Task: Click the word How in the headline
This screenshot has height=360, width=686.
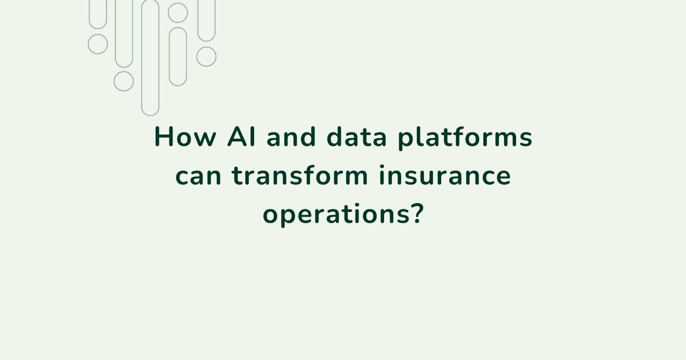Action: (x=185, y=138)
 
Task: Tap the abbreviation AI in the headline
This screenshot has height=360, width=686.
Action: (x=242, y=138)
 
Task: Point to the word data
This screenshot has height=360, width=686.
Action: (x=357, y=138)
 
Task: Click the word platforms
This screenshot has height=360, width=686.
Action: (x=465, y=139)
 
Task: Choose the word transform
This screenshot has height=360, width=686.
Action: (x=300, y=176)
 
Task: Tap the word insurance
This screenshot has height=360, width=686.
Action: (x=444, y=176)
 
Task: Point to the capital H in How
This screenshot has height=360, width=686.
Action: (x=163, y=138)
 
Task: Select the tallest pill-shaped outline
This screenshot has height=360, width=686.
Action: (x=150, y=57)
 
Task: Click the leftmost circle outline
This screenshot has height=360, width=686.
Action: (x=98, y=44)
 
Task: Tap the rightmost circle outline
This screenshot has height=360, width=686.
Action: (x=206, y=57)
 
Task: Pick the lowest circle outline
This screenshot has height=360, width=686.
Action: (x=124, y=82)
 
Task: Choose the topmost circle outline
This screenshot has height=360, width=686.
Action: (x=178, y=13)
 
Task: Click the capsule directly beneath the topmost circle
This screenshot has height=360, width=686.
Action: (x=178, y=57)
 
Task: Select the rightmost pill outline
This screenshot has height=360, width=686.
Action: (x=206, y=20)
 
